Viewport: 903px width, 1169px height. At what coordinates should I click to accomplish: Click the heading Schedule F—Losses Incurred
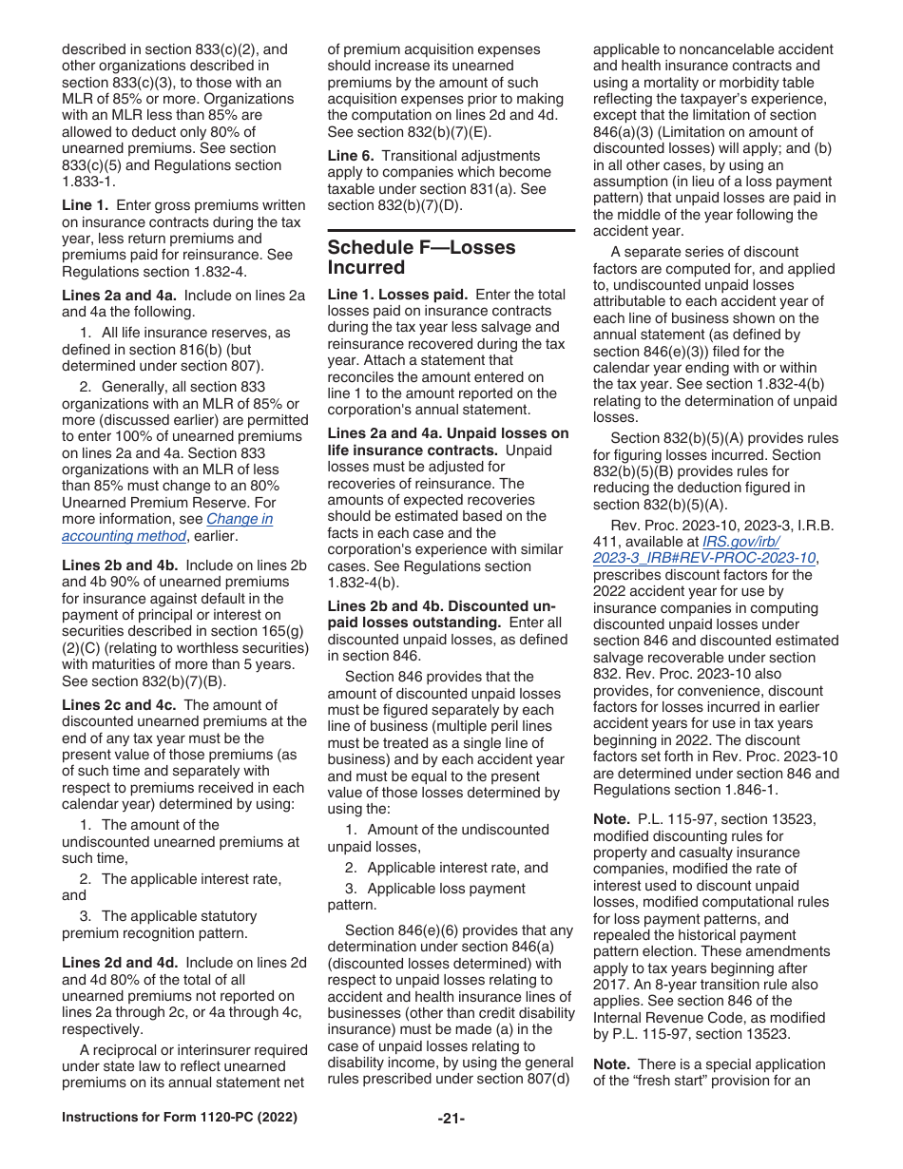421,257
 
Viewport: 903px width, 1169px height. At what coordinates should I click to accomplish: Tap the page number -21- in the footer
451,1118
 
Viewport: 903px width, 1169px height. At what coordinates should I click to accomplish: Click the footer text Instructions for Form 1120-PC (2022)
180,1118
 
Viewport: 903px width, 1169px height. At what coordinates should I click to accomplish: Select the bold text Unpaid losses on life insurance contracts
448,442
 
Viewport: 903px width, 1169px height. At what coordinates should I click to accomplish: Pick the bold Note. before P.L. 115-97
611,819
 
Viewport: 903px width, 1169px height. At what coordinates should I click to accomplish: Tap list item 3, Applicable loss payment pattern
434,896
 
